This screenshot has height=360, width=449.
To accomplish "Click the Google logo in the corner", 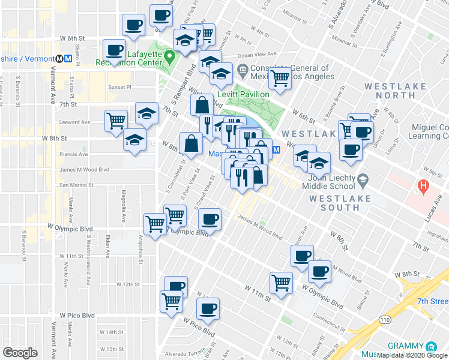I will pyautogui.click(x=20, y=353).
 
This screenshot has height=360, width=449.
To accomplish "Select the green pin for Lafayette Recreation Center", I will pyautogui.click(x=170, y=58).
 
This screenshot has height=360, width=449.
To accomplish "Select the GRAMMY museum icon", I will pyautogui.click(x=431, y=347).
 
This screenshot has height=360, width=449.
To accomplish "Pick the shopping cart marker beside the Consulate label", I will pyautogui.click(x=280, y=77).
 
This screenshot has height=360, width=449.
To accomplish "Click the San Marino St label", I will pyautogui.click(x=77, y=185).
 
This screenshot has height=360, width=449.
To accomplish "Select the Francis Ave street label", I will pyautogui.click(x=74, y=154).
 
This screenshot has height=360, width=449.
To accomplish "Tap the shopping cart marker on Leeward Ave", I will pyautogui.click(x=116, y=120).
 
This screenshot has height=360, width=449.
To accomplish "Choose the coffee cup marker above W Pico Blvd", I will pyautogui.click(x=208, y=310).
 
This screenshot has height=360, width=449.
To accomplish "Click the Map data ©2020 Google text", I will pyautogui.click(x=412, y=355).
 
